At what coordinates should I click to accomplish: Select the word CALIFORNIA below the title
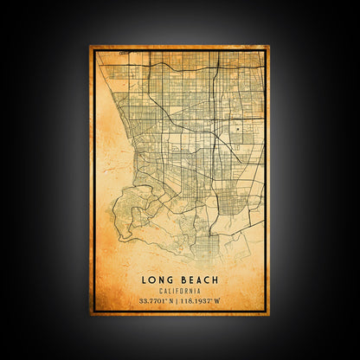click(x=179, y=289)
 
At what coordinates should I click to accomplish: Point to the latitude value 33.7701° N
click(x=156, y=300)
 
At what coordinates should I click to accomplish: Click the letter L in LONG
click(x=146, y=279)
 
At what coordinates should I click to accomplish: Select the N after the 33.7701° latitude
click(x=171, y=300)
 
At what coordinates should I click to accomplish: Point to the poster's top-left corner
click(x=89, y=46)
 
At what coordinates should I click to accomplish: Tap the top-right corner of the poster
click(x=270, y=46)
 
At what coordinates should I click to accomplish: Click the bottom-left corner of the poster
click(x=89, y=315)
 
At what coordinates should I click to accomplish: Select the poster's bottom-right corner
click(x=270, y=315)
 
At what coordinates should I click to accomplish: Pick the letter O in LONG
click(x=154, y=279)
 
